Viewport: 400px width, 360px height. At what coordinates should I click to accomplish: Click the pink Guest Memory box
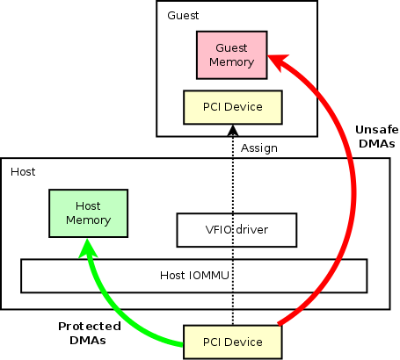pos(232,55)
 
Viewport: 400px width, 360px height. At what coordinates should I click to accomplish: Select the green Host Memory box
pos(88,213)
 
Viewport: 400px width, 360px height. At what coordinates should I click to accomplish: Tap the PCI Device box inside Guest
pos(233,107)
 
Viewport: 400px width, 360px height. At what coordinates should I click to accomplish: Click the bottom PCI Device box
pos(233,342)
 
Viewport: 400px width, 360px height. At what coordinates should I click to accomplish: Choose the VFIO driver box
pos(236,230)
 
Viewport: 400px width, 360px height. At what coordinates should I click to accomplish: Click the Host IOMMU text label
pos(194,276)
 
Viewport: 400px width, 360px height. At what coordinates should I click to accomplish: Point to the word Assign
pos(259,148)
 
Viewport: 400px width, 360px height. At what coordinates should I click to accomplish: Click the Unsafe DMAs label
pos(377,136)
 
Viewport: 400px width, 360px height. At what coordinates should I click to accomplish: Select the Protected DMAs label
pos(90,333)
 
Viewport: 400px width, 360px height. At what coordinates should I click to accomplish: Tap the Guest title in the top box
pos(183,16)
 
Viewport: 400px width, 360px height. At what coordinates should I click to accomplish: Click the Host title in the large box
pos(23,172)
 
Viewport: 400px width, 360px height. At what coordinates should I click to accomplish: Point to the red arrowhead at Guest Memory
pos(278,61)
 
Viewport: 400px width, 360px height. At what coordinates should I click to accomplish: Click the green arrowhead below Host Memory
pos(88,248)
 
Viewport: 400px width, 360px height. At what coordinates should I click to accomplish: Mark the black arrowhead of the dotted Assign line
pos(233,131)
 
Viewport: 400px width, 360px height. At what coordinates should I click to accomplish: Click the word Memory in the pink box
pos(231,62)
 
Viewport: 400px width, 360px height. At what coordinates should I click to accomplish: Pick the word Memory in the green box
pos(88,220)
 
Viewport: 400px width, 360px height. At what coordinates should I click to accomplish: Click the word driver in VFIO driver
pos(251,230)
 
